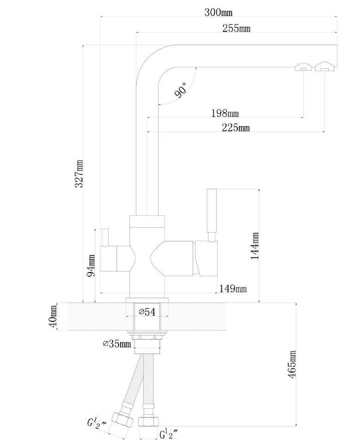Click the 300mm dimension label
click(x=218, y=12)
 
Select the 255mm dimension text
click(x=236, y=28)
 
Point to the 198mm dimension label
click(x=225, y=113)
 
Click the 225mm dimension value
click(x=236, y=127)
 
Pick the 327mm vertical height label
click(x=79, y=174)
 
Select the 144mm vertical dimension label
click(x=255, y=246)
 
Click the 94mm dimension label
click(x=91, y=266)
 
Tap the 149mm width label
click(x=233, y=289)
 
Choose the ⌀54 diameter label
click(x=147, y=312)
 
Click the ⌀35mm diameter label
click(x=116, y=344)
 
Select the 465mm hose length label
click(x=292, y=364)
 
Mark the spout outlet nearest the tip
click(x=324, y=67)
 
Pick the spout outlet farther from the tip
click(x=303, y=67)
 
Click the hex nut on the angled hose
click(x=122, y=420)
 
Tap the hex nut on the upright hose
click(x=148, y=421)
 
